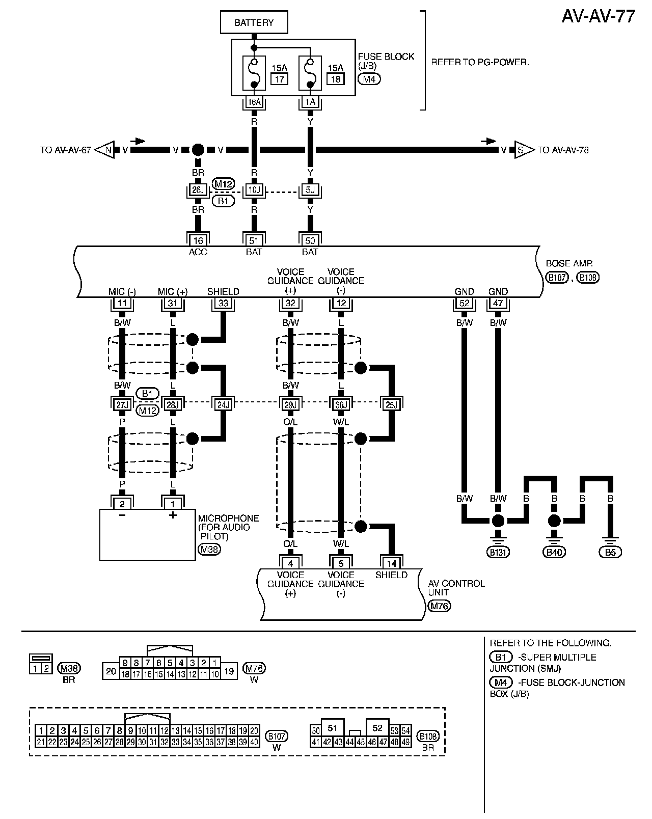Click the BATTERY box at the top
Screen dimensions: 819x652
point(254,23)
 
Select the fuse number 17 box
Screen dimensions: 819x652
point(279,79)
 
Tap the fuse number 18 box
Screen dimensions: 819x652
point(335,79)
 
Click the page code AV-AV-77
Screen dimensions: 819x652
point(599,16)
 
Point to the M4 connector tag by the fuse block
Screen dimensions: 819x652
point(369,79)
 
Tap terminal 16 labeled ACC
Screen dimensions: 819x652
point(198,240)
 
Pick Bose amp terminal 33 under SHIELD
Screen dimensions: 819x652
point(223,303)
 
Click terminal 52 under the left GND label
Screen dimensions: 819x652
point(464,303)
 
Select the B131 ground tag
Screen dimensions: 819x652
point(498,552)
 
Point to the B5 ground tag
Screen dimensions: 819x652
point(610,552)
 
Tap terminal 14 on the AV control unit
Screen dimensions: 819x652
point(392,563)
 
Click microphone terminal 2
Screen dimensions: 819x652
point(122,504)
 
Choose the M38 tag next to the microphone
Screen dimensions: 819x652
point(209,550)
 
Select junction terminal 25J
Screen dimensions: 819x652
point(392,404)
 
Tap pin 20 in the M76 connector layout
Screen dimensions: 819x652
point(111,671)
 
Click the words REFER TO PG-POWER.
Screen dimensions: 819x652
point(480,63)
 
